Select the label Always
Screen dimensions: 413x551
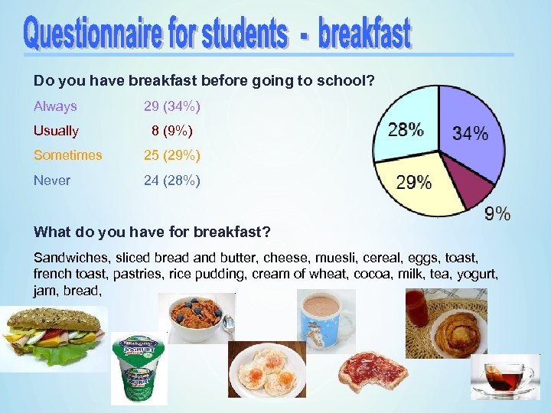55,106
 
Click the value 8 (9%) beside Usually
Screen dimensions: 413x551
172,131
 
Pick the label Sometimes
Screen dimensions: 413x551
67,155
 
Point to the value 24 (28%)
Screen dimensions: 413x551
172,180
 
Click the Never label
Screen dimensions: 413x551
52,180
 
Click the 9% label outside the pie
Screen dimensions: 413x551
497,213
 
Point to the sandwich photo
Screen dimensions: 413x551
54,337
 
